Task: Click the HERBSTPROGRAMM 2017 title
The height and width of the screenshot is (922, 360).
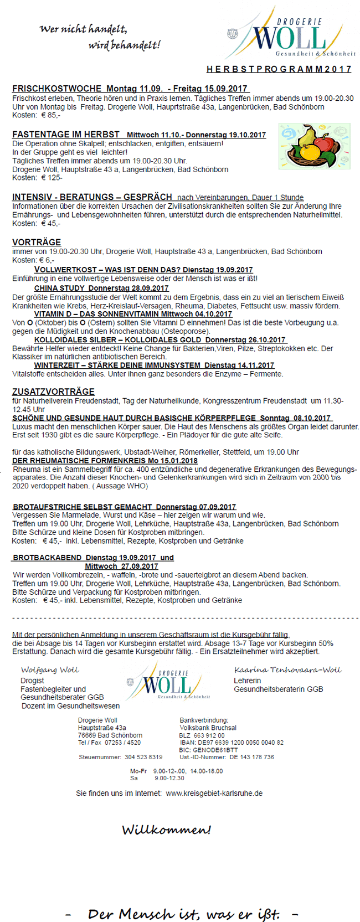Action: pos(279,69)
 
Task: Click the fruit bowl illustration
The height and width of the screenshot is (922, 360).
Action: pos(314,146)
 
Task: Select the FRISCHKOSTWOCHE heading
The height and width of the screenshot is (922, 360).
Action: pos(56,89)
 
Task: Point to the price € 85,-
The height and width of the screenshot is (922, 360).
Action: pos(50,115)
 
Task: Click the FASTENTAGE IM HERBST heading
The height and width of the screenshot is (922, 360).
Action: pos(66,135)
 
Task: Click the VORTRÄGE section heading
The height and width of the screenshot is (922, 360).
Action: pos(37,242)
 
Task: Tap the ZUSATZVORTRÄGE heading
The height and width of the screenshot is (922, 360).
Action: pos(53,392)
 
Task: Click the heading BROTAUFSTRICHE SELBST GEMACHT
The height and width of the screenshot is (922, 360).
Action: pos(83,506)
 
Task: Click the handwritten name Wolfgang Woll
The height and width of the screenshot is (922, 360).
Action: pos(50,670)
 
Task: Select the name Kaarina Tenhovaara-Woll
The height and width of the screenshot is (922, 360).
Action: pos(287,670)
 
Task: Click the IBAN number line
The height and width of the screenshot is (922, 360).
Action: pos(232,743)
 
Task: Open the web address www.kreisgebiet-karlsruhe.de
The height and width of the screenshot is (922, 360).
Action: pos(214,793)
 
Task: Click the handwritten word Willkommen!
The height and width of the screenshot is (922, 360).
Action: pos(166,830)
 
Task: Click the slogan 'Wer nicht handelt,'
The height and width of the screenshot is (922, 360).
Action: pos(83,29)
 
